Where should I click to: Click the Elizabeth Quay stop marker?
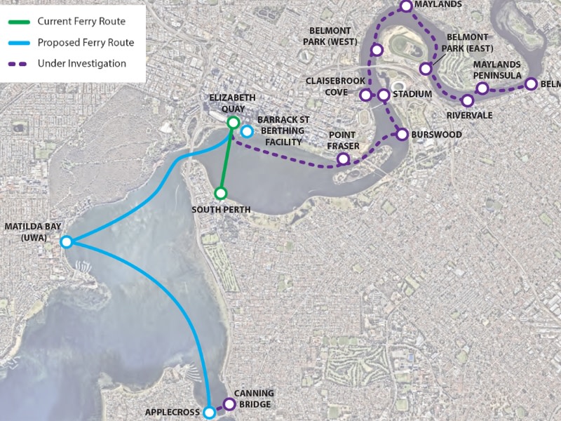pyautogui.click(x=234, y=123)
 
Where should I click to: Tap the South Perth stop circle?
pyautogui.click(x=220, y=193)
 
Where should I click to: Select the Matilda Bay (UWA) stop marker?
pyautogui.click(x=66, y=242)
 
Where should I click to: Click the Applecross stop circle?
pyautogui.click(x=209, y=413)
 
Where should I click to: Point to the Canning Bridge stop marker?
pyautogui.click(x=229, y=403)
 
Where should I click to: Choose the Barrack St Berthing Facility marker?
pyautogui.click(x=247, y=131)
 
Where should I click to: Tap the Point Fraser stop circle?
pyautogui.click(x=343, y=159)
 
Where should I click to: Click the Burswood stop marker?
pyautogui.click(x=402, y=133)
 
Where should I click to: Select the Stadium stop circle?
pyautogui.click(x=384, y=95)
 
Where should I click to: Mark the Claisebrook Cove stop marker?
pyautogui.click(x=365, y=95)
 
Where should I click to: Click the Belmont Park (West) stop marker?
pyautogui.click(x=377, y=50)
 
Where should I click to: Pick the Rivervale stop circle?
pyautogui.click(x=468, y=100)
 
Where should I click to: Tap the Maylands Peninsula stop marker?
pyautogui.click(x=482, y=88)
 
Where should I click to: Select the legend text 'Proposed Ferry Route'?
pyautogui.click(x=86, y=43)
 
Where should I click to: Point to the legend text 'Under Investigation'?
pyautogui.click(x=81, y=64)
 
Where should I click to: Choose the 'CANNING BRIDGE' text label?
pyautogui.click(x=254, y=399)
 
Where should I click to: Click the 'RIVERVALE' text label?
pyautogui.click(x=469, y=116)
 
